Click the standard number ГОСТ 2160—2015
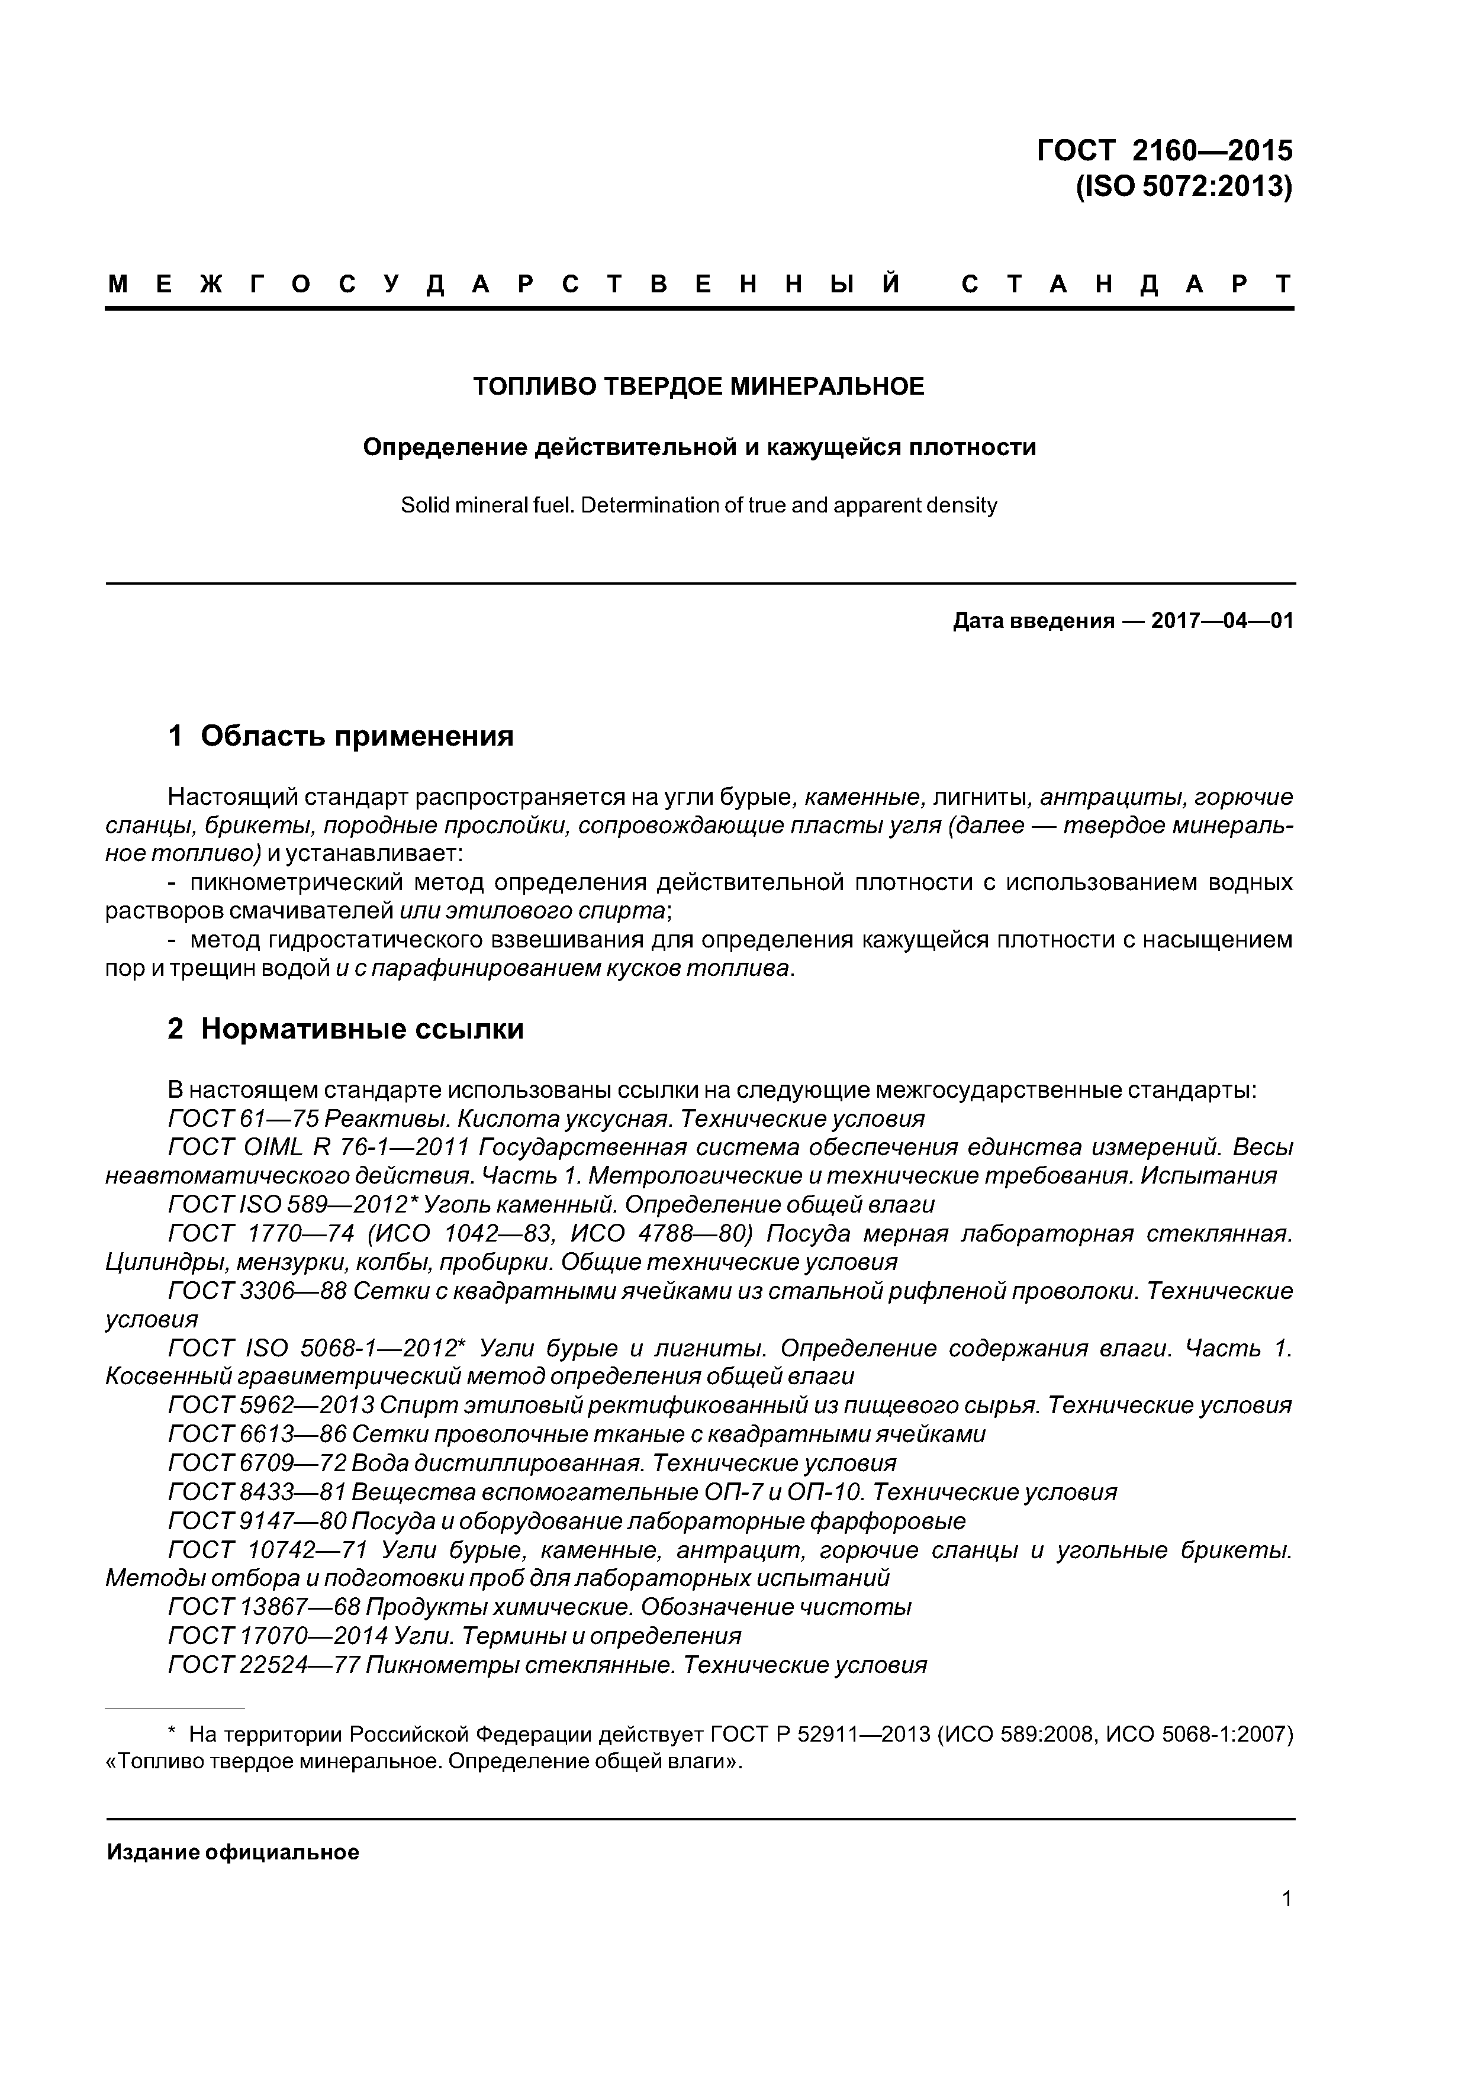tap(1164, 149)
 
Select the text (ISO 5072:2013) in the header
tap(1183, 186)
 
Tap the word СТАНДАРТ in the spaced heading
tap(1126, 285)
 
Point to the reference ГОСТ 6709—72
tap(257, 1463)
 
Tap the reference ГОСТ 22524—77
tap(264, 1665)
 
